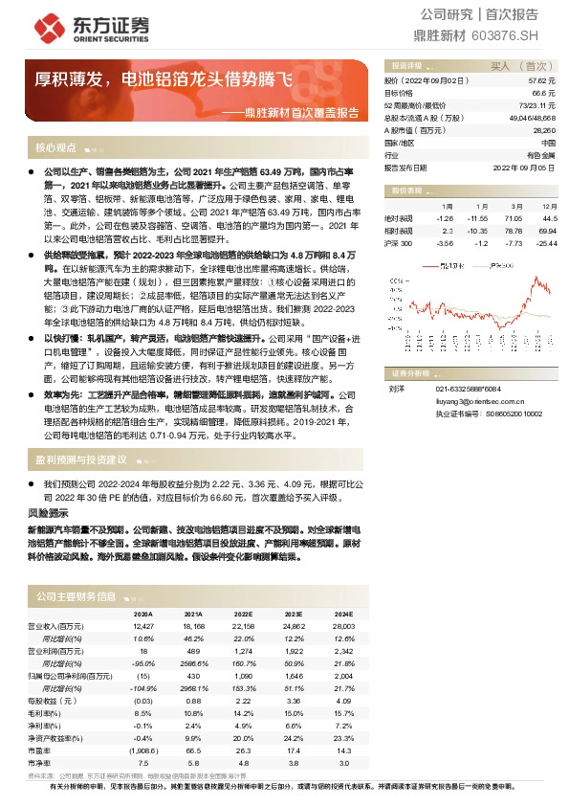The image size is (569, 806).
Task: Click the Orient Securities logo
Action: (x=95, y=27)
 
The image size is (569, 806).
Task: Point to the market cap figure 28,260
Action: (x=544, y=129)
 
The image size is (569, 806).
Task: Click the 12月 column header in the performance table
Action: (x=549, y=206)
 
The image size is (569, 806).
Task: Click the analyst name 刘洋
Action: (x=397, y=389)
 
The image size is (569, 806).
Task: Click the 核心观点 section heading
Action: (x=55, y=148)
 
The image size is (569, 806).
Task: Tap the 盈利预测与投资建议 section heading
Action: (x=82, y=460)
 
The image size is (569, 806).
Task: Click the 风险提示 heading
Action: (x=47, y=514)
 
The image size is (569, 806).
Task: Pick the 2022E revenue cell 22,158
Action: (x=244, y=625)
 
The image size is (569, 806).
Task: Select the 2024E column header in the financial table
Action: (x=342, y=614)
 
